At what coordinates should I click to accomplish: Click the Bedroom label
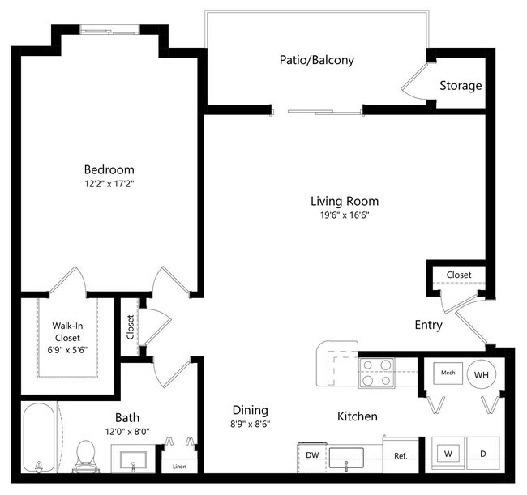tap(109, 169)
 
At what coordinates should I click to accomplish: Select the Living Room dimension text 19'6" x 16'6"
tap(344, 215)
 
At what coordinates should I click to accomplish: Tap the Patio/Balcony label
tap(316, 60)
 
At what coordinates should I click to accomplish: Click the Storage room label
tap(461, 86)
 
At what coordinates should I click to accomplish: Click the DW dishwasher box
tap(312, 456)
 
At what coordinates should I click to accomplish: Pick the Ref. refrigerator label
tap(400, 457)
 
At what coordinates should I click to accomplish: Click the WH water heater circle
tap(482, 373)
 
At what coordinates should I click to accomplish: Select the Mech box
tap(448, 373)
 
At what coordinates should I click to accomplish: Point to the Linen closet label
tap(179, 466)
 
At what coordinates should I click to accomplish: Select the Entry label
tap(427, 326)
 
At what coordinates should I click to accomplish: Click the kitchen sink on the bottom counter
tap(346, 458)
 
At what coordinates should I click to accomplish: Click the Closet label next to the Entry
tap(458, 275)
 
